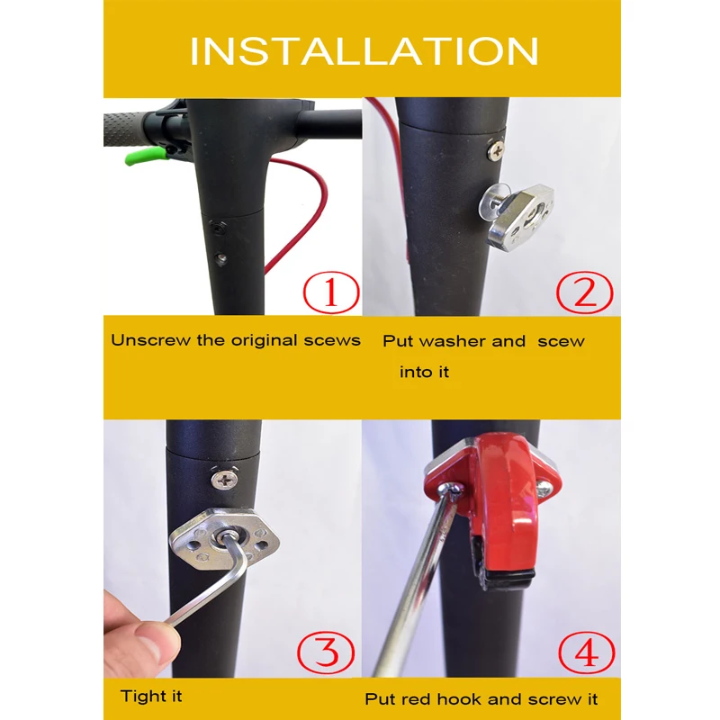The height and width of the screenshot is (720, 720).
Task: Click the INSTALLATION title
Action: pos(364,51)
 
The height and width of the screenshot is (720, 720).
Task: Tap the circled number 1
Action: pos(331,292)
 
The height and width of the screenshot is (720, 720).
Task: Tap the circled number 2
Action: pos(584,292)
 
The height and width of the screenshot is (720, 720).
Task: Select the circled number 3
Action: pos(326,652)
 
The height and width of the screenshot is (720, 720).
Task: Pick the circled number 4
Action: pos(587,652)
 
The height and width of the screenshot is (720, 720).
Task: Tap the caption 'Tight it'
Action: pos(151,696)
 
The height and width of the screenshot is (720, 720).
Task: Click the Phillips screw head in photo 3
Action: pos(225,480)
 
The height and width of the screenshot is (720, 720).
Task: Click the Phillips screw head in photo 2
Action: pos(496,149)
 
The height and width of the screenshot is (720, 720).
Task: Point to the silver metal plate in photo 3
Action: pos(225,538)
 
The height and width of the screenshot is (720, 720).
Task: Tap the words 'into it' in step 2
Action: pos(424,372)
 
